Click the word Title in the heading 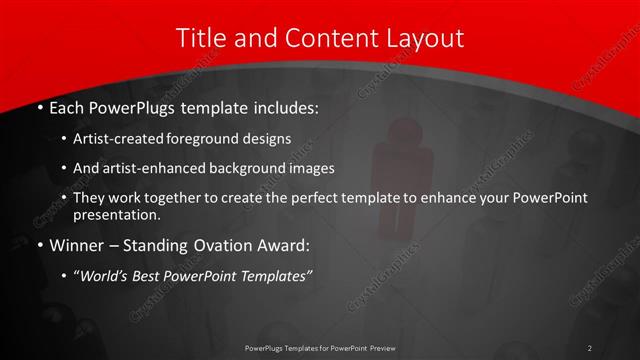pos(198,39)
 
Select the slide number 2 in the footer pos(589,347)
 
